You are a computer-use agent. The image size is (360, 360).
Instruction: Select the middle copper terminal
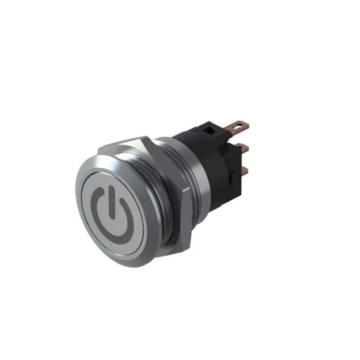tap(243, 147)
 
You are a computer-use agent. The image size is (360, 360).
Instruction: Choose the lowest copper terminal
tap(244, 170)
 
